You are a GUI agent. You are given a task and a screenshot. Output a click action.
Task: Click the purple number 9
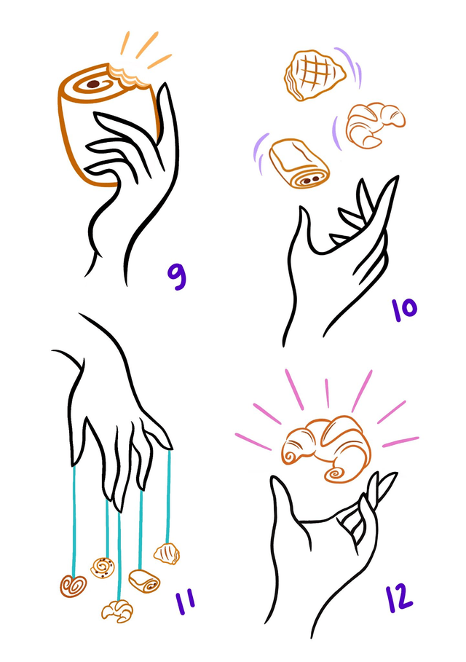coord(177,276)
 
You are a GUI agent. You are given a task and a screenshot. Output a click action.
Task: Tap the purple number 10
coord(404,310)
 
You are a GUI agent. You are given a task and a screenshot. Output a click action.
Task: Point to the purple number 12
coord(399,598)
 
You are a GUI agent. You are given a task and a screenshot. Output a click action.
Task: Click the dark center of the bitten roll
coord(93,84)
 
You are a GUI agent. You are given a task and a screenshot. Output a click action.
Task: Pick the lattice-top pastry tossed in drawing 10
coord(315,75)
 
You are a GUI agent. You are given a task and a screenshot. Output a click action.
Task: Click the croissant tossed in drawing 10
coord(375,124)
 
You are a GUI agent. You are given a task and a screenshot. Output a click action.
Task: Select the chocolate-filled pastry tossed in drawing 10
coord(299,162)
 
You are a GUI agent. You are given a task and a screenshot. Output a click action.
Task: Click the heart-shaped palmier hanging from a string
coord(73,586)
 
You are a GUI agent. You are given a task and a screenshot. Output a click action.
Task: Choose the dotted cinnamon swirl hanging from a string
coord(103,568)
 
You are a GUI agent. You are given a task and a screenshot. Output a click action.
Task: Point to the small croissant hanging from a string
coord(117,611)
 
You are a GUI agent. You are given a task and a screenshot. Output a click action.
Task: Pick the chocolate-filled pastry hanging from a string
coord(144,581)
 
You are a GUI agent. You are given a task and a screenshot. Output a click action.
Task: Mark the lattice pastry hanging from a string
coord(167,554)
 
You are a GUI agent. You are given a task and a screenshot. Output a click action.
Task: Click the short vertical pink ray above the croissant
coord(327,393)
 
